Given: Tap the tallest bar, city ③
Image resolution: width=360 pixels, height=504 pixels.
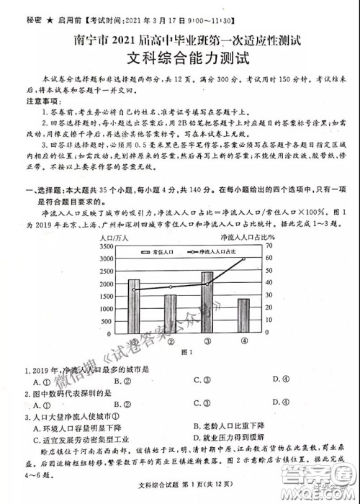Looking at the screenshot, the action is click(x=207, y=302).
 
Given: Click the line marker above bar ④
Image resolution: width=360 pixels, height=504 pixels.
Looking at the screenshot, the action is click(x=243, y=258).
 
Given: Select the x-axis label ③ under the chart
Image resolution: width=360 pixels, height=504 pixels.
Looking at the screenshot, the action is click(x=207, y=341).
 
